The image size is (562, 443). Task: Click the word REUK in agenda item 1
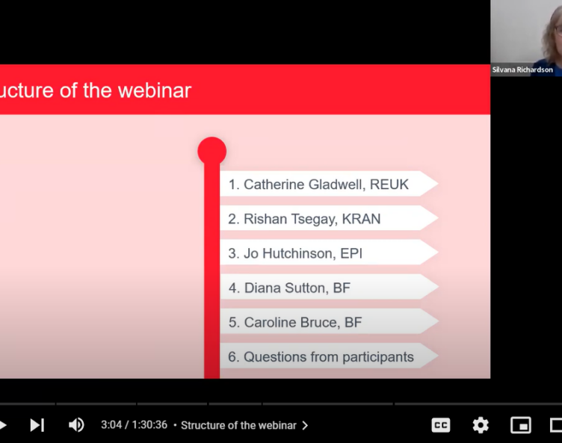[389, 185]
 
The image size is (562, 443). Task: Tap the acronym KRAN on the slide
[361, 219]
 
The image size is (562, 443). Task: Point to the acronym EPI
[351, 253]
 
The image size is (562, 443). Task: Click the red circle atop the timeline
[211, 151]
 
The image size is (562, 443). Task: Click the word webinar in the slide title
[155, 90]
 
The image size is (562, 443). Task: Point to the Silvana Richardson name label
[522, 70]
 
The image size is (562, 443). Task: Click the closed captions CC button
[440, 425]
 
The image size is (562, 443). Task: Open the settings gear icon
[481, 425]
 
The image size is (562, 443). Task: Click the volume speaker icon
[76, 425]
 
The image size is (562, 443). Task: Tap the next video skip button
[37, 425]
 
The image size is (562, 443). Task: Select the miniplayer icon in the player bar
[520, 425]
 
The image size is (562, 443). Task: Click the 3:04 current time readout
[111, 425]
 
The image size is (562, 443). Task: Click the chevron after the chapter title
[305, 425]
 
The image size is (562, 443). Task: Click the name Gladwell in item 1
[337, 185]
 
